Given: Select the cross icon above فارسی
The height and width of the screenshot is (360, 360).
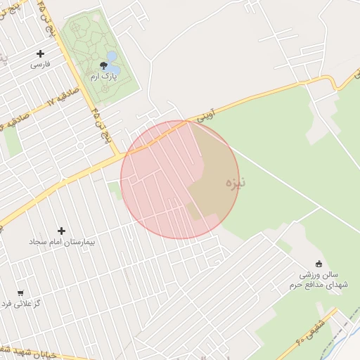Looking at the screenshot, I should pos(40,53).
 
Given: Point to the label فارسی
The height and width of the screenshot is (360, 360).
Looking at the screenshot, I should pos(40,64).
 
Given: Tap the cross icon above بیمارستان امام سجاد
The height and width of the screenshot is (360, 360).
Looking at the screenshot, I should pos(61,231).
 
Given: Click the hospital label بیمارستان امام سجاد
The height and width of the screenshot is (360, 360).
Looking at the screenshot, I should pos(62,241).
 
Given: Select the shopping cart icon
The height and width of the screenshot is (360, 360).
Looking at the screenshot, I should pos(20,293).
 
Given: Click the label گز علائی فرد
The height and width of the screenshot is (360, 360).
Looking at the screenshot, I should pos(21,304).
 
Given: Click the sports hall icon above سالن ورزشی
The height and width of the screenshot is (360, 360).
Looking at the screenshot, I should pos(319,264).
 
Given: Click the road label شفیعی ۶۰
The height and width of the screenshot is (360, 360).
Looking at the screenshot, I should pos(310,330).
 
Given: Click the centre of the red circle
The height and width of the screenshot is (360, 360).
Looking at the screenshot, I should pos(180,179).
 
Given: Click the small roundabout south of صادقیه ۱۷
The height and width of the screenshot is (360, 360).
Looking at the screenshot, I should pos(80,146).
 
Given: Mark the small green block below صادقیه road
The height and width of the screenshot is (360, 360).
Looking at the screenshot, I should pos(12,141).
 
